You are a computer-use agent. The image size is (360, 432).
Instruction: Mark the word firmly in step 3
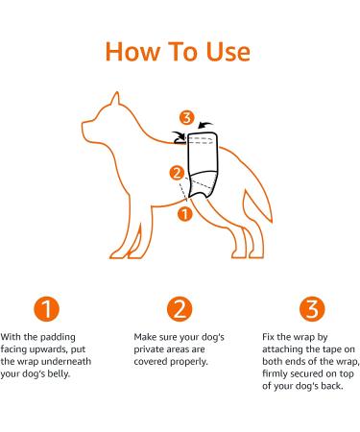[x=277, y=372]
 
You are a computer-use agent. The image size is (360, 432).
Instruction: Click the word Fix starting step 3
[x=269, y=338]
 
